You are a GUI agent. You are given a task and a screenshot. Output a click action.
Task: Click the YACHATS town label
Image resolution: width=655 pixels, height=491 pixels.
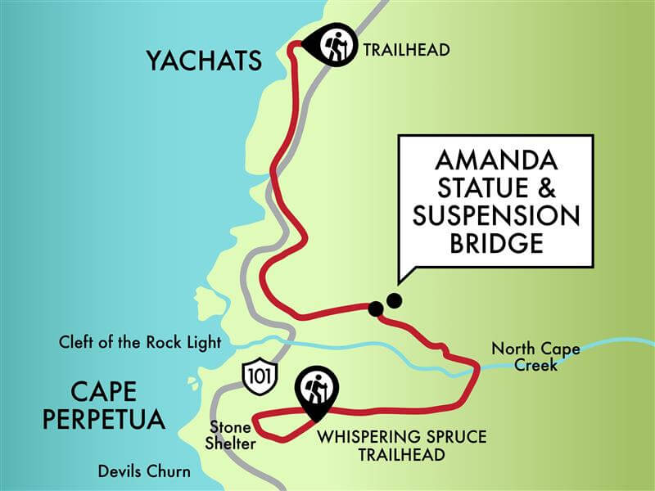(204, 61)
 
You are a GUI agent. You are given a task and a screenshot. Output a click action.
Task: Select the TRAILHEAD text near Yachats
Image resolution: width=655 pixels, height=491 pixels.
(407, 50)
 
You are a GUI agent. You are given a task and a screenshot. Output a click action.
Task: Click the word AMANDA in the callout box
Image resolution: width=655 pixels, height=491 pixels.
(496, 159)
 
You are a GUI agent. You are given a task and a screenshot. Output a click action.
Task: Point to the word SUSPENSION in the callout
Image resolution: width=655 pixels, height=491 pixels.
(496, 216)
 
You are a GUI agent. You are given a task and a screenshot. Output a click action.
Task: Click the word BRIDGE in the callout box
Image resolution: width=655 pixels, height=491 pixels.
(496, 244)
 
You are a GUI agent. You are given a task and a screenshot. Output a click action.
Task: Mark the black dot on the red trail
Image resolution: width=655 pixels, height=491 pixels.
(375, 309)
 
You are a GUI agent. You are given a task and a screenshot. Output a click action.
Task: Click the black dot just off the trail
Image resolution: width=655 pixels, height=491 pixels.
(394, 300)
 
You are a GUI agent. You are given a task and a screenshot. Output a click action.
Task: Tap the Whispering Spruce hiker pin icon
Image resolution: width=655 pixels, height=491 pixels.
(315, 387)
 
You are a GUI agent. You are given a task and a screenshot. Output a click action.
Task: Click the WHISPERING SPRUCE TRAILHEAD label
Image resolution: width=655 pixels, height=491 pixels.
(401, 444)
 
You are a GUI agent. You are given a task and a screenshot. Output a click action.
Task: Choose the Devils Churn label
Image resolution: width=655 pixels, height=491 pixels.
(144, 471)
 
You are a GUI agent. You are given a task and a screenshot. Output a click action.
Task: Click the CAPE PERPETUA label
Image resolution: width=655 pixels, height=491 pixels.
(103, 405)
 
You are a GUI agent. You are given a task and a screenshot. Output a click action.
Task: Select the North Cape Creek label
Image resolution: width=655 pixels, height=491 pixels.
(535, 357)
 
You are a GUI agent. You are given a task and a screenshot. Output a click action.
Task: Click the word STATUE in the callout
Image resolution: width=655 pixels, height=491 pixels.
(481, 187)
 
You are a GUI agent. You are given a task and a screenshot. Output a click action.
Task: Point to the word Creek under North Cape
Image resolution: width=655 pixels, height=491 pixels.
(535, 365)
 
